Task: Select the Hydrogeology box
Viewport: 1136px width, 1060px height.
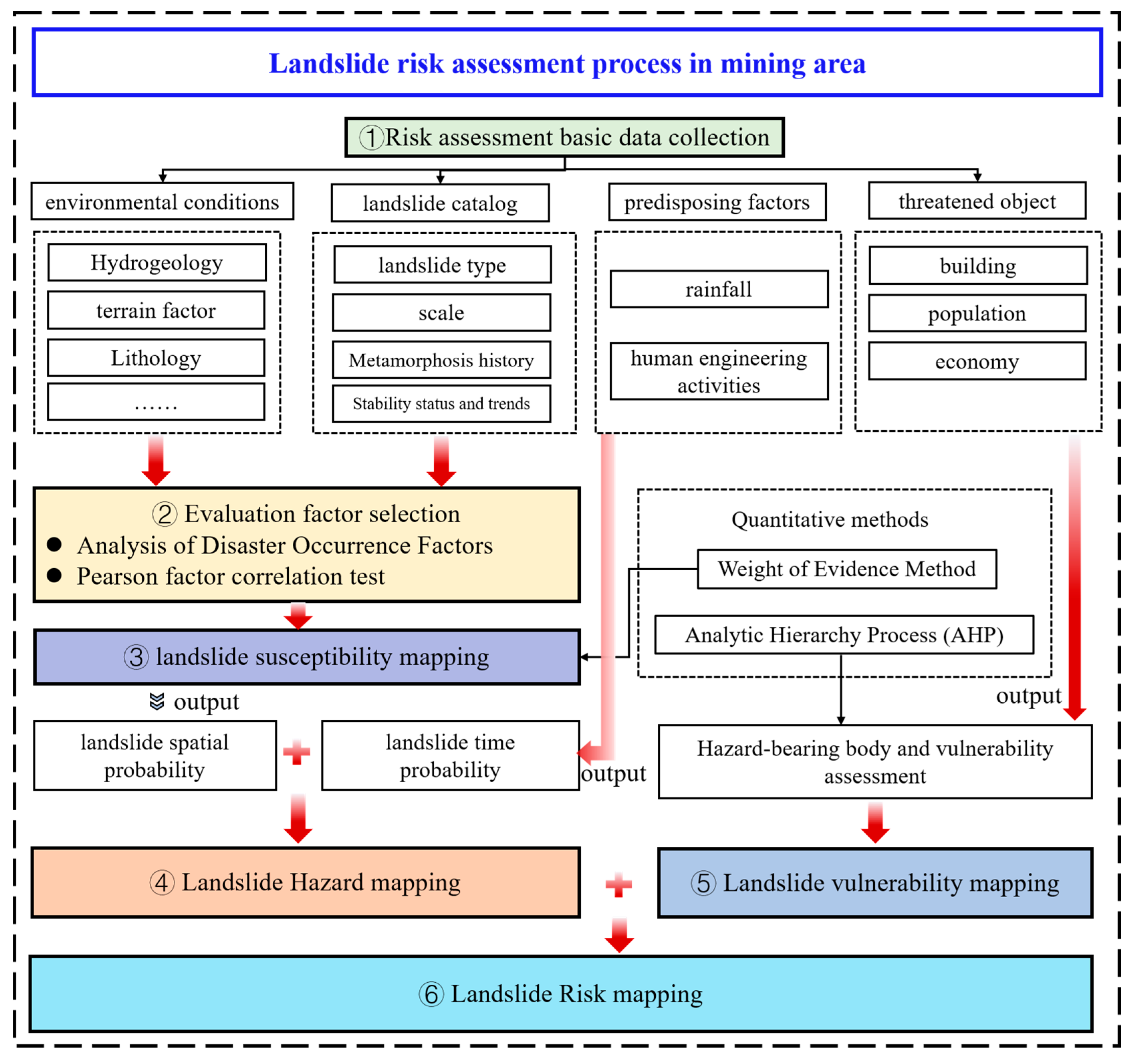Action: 156,263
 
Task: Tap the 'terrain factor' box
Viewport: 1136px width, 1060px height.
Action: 156,310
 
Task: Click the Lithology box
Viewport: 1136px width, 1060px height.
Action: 156,358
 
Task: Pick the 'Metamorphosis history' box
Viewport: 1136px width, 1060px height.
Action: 441,360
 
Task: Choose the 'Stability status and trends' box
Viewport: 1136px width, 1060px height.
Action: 441,403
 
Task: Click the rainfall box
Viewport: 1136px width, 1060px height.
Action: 719,289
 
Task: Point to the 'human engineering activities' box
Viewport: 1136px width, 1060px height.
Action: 719,371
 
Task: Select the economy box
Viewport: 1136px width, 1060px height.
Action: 977,361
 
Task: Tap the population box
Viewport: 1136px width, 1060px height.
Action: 977,313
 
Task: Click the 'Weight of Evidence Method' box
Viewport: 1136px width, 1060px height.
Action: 847,569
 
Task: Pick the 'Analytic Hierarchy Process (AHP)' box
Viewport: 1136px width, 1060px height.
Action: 844,635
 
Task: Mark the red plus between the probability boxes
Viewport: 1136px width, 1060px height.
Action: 296,752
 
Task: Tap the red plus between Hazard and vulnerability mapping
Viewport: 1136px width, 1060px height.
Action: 618,885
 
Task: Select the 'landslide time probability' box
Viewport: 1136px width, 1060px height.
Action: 450,755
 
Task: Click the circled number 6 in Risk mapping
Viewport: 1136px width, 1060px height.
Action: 431,994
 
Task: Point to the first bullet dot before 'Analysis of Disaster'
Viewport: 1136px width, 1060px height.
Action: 54,545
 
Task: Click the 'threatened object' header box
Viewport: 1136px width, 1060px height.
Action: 977,201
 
